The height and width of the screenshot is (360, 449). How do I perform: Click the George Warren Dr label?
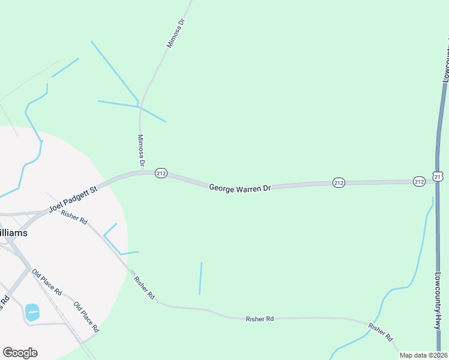point(240,188)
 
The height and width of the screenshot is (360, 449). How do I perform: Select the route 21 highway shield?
point(439,176)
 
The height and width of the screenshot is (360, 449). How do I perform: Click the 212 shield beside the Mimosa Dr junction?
point(160,173)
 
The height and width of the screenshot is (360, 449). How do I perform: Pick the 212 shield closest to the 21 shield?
point(419,181)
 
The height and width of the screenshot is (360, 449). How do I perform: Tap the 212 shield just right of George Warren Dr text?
point(339,182)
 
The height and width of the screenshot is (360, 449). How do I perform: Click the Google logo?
point(20,353)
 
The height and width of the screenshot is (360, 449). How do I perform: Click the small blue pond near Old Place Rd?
point(32,312)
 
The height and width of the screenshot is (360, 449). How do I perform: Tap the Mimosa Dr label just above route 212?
point(142,150)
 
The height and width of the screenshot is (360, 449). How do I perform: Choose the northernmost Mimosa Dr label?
point(176,33)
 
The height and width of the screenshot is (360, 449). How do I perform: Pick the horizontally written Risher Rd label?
point(259,319)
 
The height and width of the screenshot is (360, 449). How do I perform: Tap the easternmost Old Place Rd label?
point(86,317)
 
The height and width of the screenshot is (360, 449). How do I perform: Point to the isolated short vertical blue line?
point(200,278)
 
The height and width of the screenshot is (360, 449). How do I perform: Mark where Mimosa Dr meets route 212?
point(141,173)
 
